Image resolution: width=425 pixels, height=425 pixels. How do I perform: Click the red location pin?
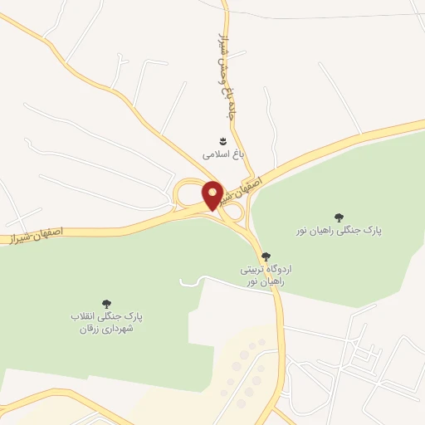[212, 196]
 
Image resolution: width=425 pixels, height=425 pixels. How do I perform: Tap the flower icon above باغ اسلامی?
[222, 140]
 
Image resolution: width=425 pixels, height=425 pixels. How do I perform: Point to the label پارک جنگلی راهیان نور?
[337, 230]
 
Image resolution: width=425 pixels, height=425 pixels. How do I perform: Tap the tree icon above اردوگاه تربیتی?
[265, 256]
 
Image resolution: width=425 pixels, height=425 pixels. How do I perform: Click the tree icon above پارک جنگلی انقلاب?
[106, 304]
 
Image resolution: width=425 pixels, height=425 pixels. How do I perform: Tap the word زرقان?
[89, 329]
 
